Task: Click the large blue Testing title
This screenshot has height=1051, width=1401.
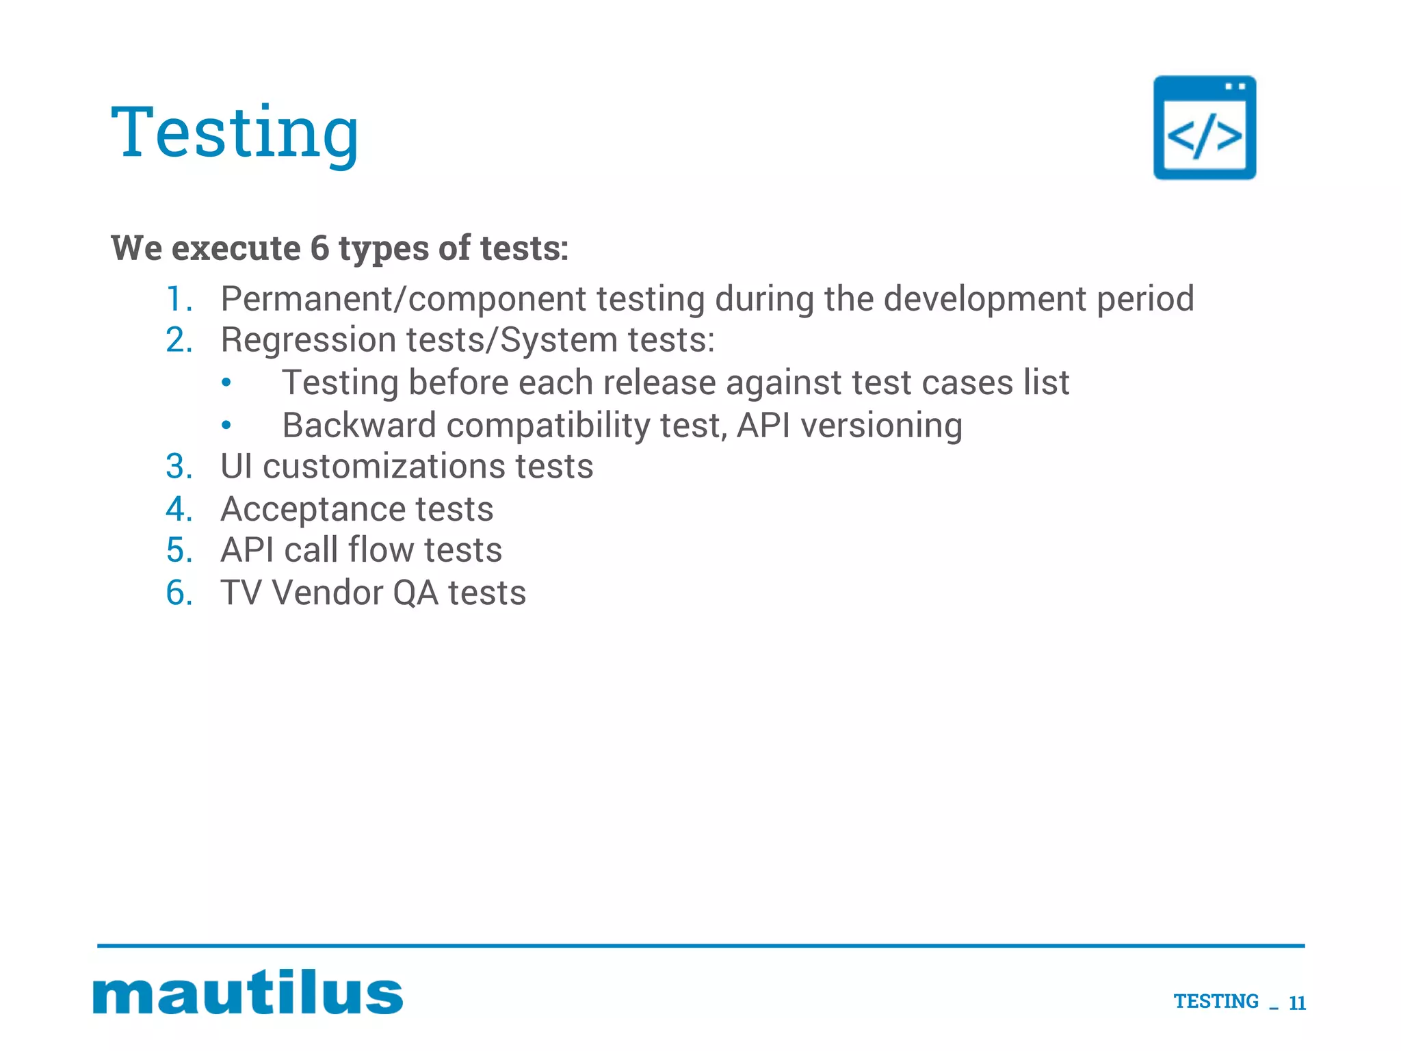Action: (235, 133)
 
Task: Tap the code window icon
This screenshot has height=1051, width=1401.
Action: (1204, 128)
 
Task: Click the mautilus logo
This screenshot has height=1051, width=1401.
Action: (248, 992)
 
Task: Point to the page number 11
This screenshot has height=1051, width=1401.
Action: (1297, 1003)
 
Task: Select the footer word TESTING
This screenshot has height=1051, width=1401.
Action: (1216, 1002)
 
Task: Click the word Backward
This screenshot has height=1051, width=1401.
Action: (359, 425)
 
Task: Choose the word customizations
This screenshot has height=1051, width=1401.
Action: (384, 467)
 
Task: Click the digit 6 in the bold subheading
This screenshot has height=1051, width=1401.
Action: (319, 248)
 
